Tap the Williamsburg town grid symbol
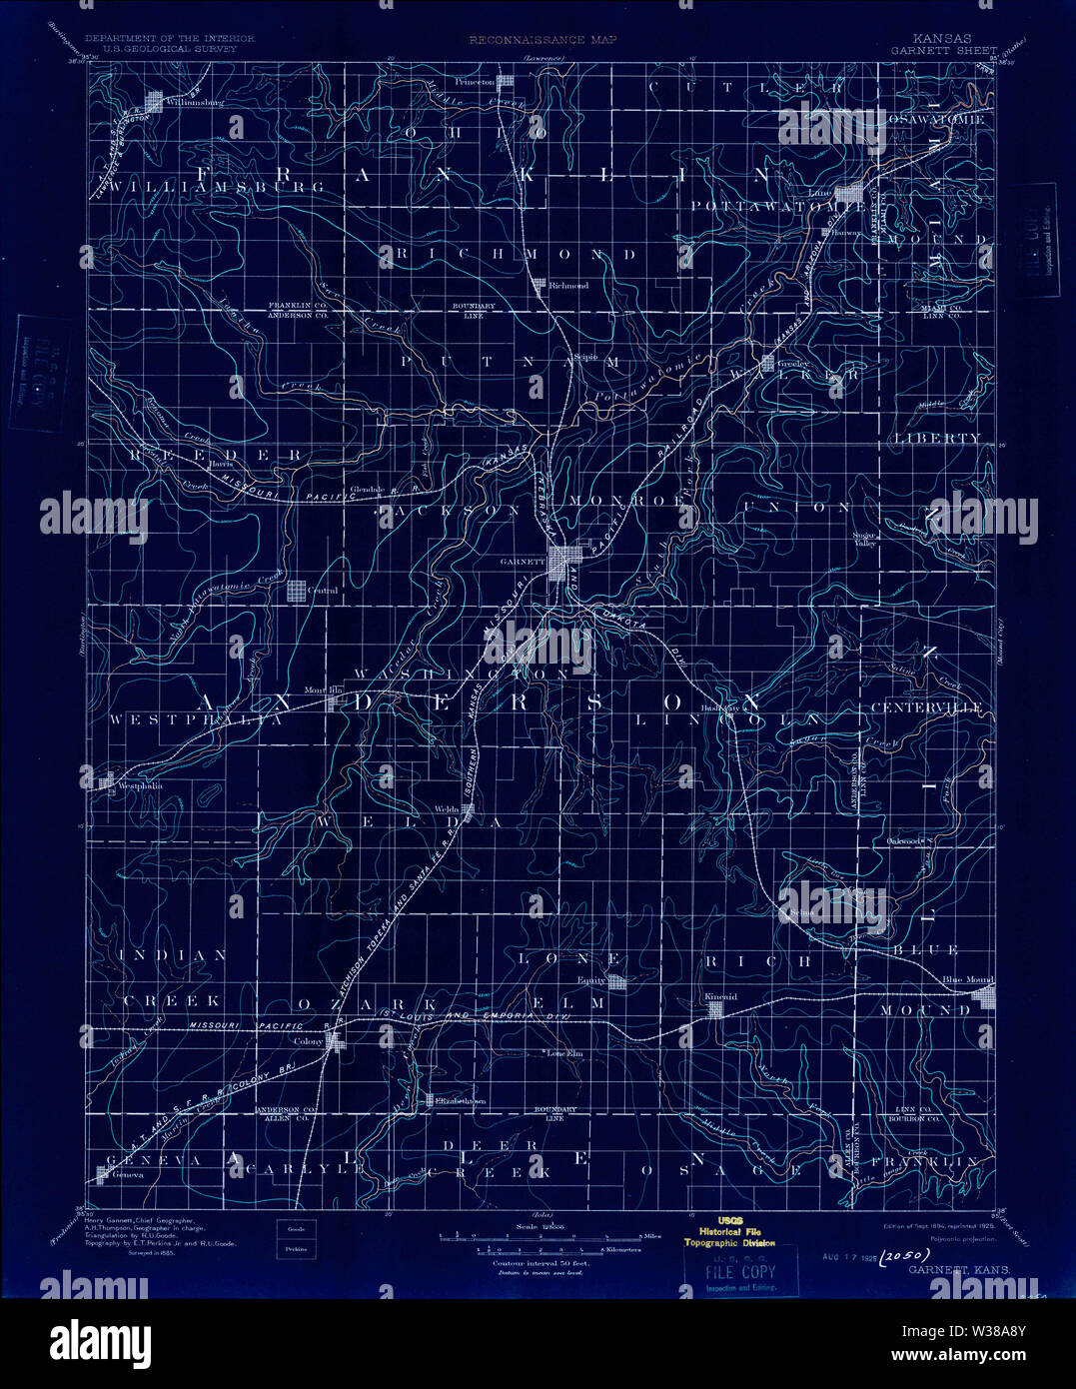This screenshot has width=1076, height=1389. pyautogui.click(x=155, y=101)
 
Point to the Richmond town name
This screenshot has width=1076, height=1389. pyautogui.click(x=569, y=286)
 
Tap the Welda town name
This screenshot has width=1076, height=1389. pyautogui.click(x=446, y=809)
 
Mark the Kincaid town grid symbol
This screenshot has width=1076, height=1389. pyautogui.click(x=715, y=1010)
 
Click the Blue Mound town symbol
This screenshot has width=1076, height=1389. pyautogui.click(x=986, y=995)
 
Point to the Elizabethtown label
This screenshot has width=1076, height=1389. pyautogui.click(x=463, y=1101)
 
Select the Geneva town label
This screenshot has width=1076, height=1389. pyautogui.click(x=129, y=1175)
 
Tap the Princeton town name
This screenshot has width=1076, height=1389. pyautogui.click(x=474, y=82)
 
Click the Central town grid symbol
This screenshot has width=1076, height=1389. pyautogui.click(x=298, y=591)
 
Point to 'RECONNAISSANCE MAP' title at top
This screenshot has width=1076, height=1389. pyautogui.click(x=543, y=40)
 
